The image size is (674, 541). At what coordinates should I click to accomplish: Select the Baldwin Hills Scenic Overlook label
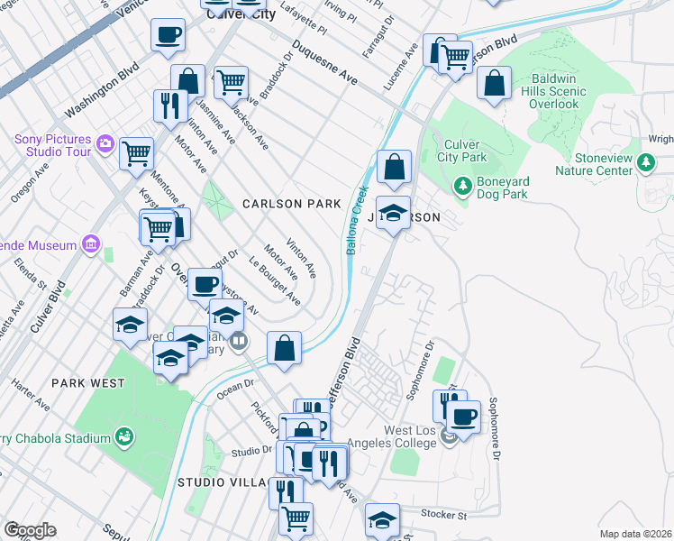pyautogui.click(x=542, y=91)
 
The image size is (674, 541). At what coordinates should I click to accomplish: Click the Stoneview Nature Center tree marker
pyautogui.click(x=645, y=162)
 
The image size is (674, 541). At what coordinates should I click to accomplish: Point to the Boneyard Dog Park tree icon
pyautogui.click(x=463, y=186)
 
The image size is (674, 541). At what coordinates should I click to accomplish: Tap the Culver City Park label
pyautogui.click(x=461, y=151)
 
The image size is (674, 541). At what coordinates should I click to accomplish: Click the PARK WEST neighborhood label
pyautogui.click(x=87, y=383)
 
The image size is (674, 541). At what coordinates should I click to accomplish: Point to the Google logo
pyautogui.click(x=31, y=530)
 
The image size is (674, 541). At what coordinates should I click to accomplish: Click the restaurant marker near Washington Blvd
pyautogui.click(x=169, y=105)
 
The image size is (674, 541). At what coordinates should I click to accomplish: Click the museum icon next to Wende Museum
pyautogui.click(x=90, y=243)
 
